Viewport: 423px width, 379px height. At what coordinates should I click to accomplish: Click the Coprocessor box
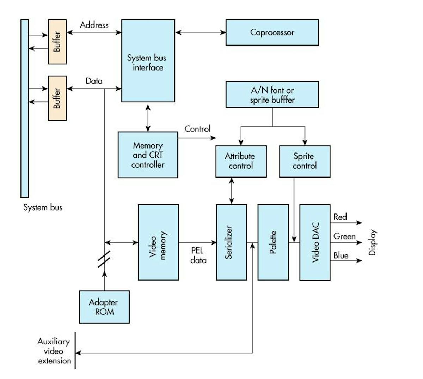click(272, 32)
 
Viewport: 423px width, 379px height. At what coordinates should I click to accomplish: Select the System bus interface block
click(148, 61)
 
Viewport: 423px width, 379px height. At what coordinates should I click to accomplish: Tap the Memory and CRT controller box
click(148, 155)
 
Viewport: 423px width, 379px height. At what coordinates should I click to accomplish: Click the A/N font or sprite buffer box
click(272, 95)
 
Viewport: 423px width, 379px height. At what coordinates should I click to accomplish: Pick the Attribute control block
click(241, 161)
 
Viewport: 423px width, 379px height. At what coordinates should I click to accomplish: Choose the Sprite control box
click(305, 161)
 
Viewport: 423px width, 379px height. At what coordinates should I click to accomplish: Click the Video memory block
click(158, 242)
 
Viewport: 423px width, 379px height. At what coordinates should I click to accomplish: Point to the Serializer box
click(231, 242)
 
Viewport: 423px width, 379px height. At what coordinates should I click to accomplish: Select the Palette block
click(273, 242)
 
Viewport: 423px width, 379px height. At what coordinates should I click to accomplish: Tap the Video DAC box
click(315, 242)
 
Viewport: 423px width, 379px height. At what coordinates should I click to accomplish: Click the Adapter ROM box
click(104, 307)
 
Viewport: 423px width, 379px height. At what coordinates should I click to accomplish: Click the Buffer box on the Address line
click(57, 42)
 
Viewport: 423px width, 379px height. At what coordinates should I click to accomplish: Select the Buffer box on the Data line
click(57, 98)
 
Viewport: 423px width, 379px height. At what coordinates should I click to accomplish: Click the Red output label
click(340, 217)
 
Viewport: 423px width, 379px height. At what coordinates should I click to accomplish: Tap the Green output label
click(344, 236)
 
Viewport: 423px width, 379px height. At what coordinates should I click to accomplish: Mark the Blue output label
click(341, 255)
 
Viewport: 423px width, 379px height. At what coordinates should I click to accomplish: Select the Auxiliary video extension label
click(54, 351)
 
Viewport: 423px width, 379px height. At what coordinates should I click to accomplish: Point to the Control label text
click(197, 129)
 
